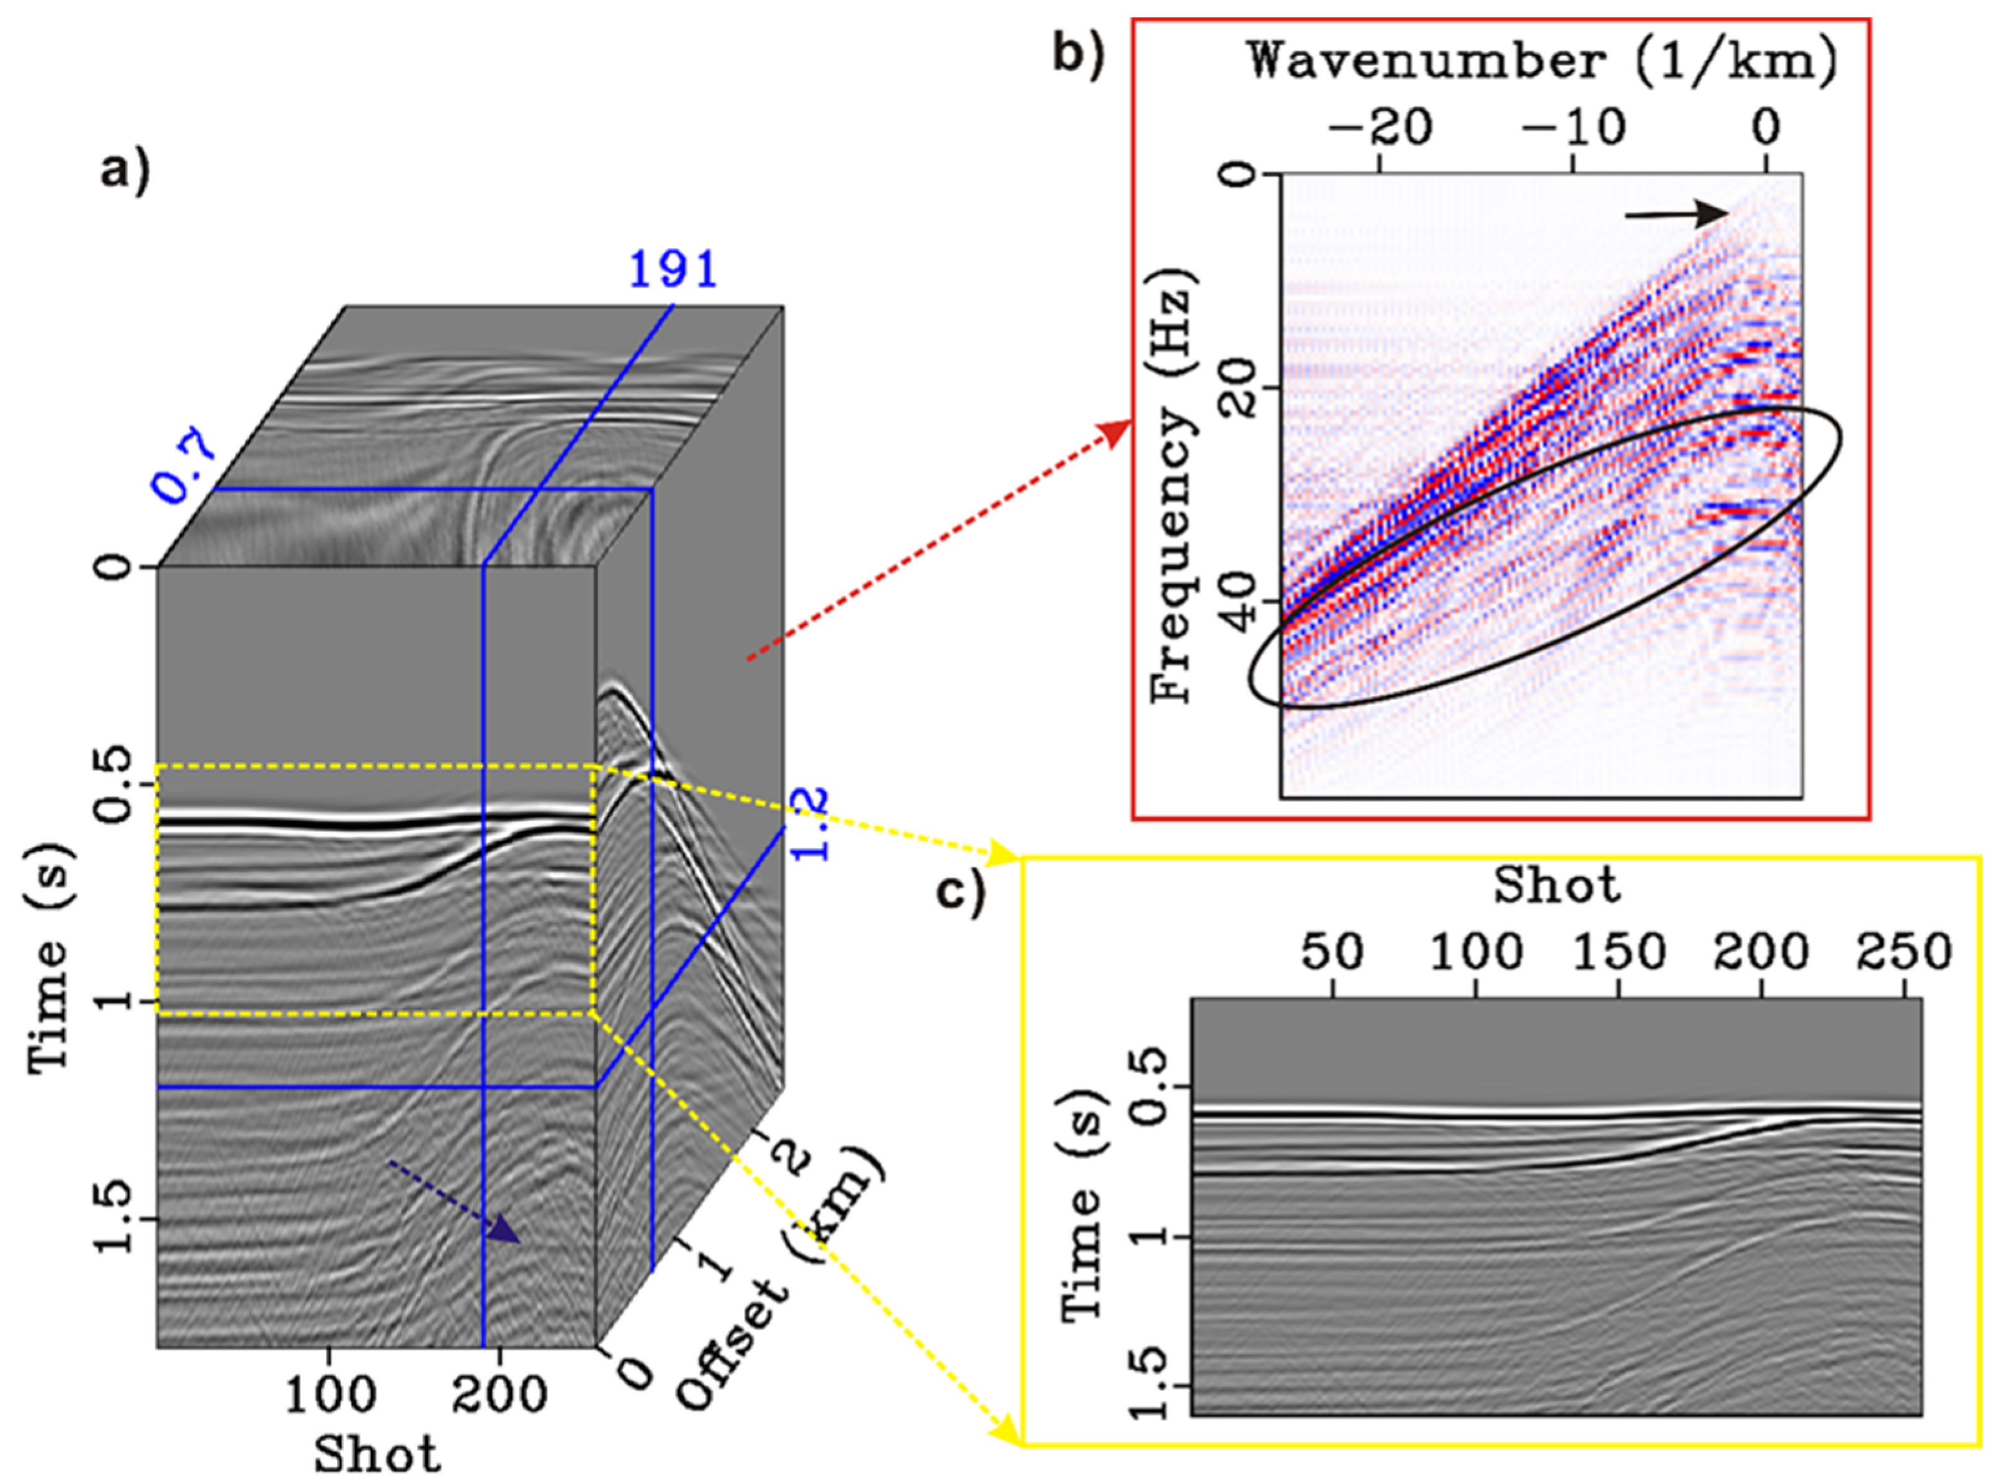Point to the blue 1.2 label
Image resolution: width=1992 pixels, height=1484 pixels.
click(x=811, y=824)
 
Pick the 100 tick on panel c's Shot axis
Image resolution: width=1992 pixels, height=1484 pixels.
click(x=1475, y=952)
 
